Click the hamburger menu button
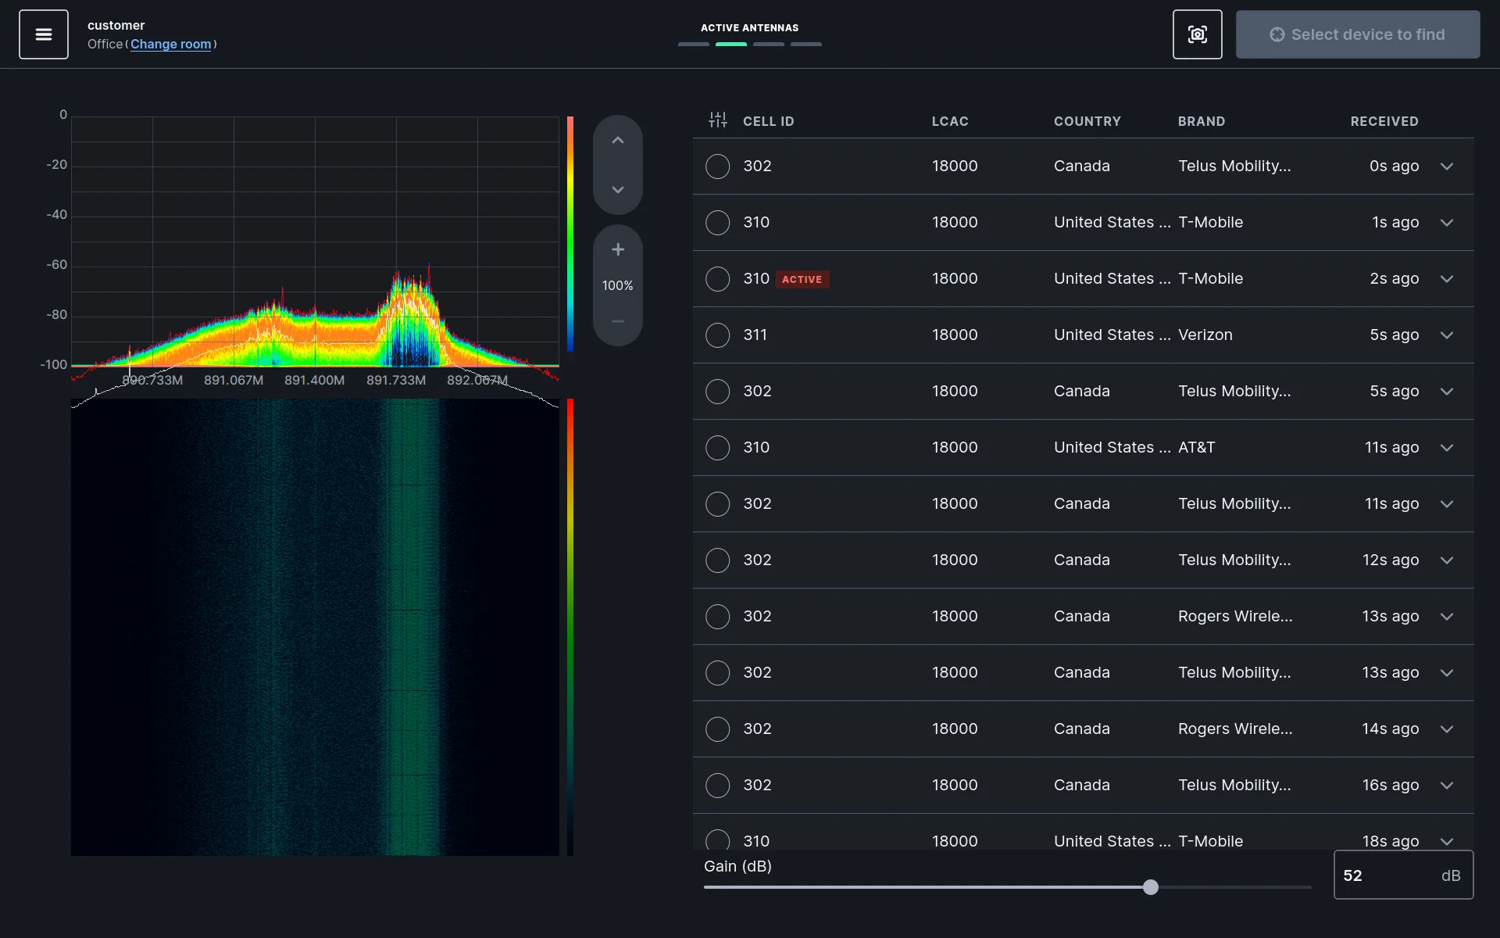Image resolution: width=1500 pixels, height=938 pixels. [x=44, y=34]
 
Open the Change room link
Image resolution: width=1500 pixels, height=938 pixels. [x=170, y=45]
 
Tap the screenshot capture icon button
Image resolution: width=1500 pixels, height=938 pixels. [x=1197, y=34]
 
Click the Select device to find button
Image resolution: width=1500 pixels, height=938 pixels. [x=1357, y=34]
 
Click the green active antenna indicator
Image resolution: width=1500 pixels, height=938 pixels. [x=731, y=45]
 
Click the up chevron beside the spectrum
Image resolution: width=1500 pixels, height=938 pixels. [x=618, y=141]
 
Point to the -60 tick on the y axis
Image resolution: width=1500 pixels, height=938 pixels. [x=57, y=265]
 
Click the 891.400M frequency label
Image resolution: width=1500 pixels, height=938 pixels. [x=314, y=381]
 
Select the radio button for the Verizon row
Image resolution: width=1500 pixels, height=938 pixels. [x=717, y=335]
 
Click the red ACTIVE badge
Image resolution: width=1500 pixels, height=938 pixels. [x=802, y=279]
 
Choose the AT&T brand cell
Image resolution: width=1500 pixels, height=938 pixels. [x=1196, y=448]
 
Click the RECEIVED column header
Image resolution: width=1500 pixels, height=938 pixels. [x=1384, y=121]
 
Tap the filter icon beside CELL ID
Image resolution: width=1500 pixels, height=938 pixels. [x=717, y=120]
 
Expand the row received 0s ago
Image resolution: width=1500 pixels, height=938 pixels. [x=1447, y=166]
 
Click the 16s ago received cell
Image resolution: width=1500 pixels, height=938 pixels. [x=1390, y=786]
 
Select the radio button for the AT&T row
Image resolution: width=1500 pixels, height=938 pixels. [x=717, y=448]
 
